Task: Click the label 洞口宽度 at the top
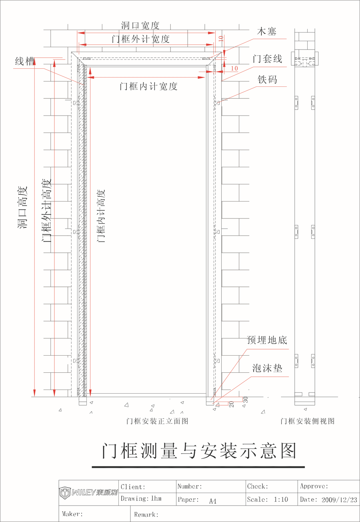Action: tap(140, 26)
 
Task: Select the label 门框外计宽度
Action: tap(140, 39)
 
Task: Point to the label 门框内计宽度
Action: tap(148, 86)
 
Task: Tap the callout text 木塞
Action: tap(267, 32)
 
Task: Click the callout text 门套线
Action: tap(268, 59)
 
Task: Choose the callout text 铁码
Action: tap(268, 80)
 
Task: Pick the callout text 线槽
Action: tap(25, 62)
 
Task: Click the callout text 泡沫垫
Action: tap(267, 368)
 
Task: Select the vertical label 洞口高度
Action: tap(22, 208)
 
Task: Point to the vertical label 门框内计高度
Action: tap(101, 216)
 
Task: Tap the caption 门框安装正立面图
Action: tap(157, 421)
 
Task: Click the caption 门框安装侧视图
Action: tap(308, 421)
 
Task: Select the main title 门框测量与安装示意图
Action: tap(199, 451)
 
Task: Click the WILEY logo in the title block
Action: tap(88, 492)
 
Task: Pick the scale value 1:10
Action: tap(281, 499)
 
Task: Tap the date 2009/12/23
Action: tap(339, 500)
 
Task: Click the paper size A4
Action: tap(213, 501)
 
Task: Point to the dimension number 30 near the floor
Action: tap(246, 400)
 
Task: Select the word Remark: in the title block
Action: tap(146, 514)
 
